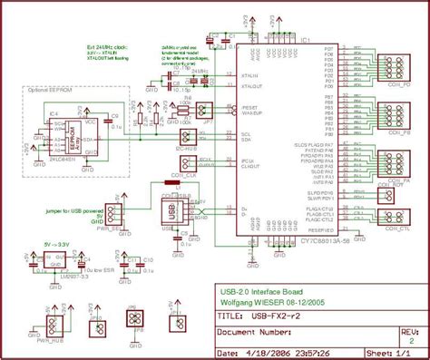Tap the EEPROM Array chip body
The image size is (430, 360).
coord(70,132)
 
